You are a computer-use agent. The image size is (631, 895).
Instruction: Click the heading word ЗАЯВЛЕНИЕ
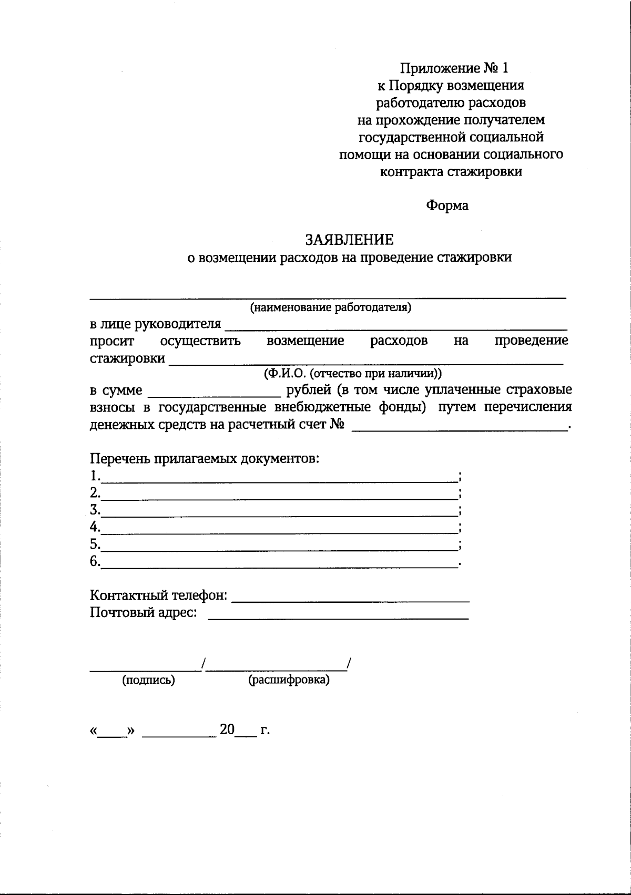point(349,240)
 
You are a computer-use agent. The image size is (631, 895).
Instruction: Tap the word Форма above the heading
point(446,205)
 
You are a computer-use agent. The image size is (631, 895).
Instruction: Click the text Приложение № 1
point(454,68)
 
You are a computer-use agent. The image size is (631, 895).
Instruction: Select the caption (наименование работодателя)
point(330,307)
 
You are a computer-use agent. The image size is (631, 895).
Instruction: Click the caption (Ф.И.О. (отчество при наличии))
point(352,374)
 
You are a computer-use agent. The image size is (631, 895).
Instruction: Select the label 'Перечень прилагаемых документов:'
point(205,459)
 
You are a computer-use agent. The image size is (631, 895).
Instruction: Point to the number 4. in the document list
point(95,527)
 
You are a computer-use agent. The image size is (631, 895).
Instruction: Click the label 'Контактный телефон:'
point(159,596)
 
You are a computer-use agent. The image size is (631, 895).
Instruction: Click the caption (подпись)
point(148,680)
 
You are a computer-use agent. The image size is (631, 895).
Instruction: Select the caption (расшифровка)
point(289,680)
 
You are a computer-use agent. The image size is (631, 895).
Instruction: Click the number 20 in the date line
point(227,729)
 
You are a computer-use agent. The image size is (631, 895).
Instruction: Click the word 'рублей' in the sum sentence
point(308,390)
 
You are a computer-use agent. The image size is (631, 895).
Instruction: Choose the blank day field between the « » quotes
point(113,733)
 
